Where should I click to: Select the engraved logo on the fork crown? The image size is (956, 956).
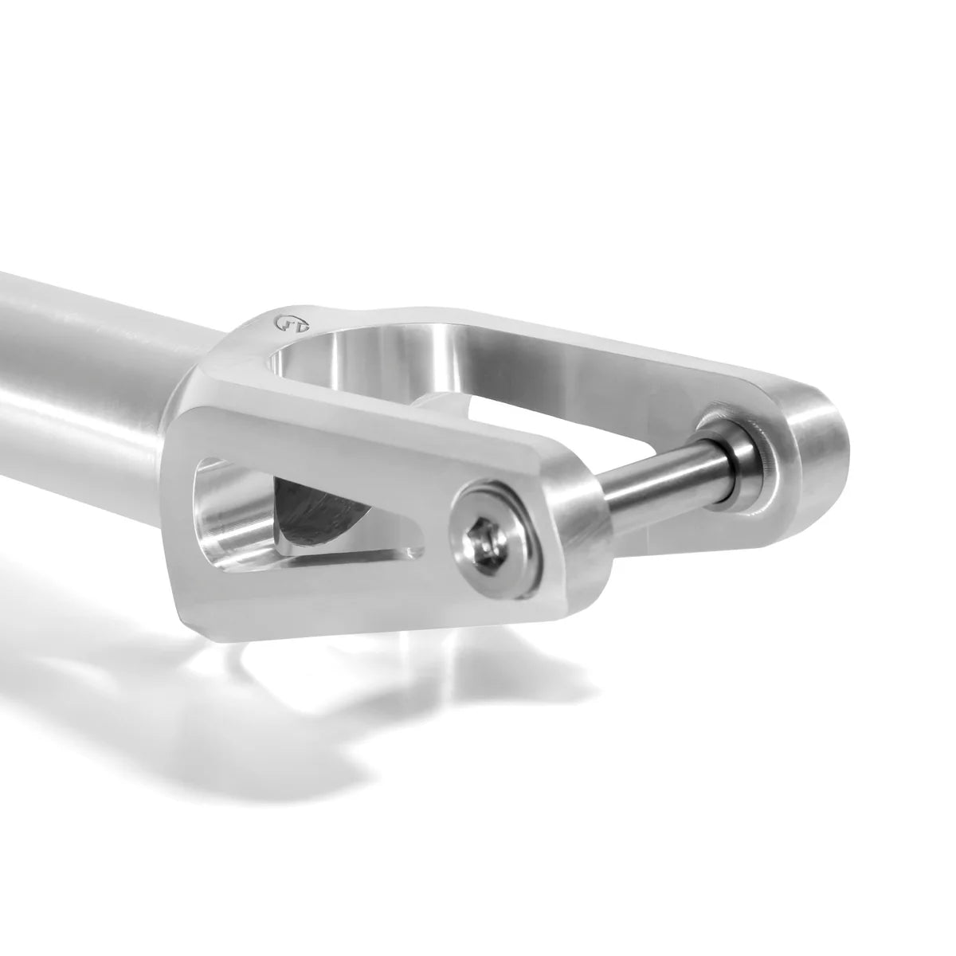280,323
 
